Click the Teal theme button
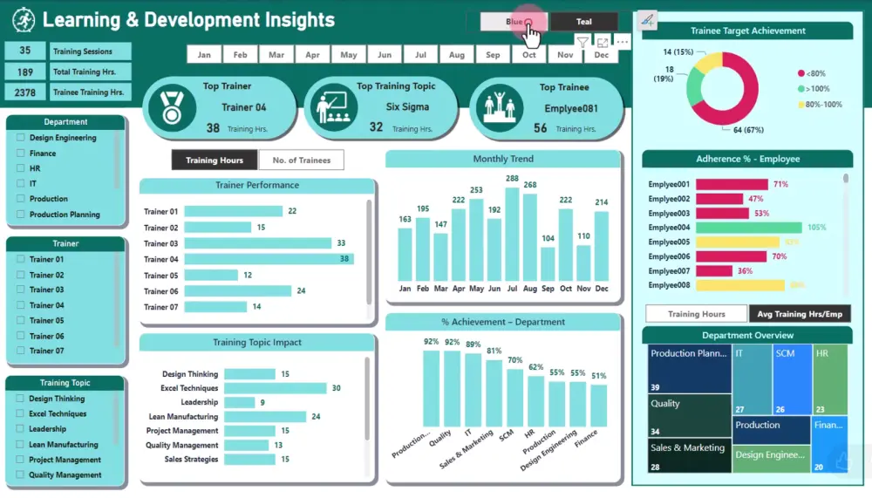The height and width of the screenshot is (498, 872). pyautogui.click(x=583, y=22)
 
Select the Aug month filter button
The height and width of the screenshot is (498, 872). pyautogui.click(x=456, y=55)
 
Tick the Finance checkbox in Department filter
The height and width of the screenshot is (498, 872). pyautogui.click(x=21, y=153)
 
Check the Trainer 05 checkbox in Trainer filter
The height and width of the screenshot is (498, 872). pyautogui.click(x=21, y=320)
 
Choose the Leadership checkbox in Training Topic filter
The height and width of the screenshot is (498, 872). pyautogui.click(x=21, y=429)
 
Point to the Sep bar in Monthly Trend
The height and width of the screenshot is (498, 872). pyautogui.click(x=548, y=263)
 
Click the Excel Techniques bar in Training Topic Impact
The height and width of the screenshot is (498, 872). pyautogui.click(x=276, y=388)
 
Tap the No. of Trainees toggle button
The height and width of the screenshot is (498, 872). pyautogui.click(x=302, y=160)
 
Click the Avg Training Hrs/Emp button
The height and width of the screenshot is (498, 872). pyautogui.click(x=800, y=314)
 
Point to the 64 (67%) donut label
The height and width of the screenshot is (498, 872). pyautogui.click(x=745, y=131)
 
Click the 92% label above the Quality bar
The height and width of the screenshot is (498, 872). pyautogui.click(x=452, y=342)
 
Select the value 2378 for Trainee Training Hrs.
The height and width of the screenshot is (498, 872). pyautogui.click(x=25, y=92)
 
